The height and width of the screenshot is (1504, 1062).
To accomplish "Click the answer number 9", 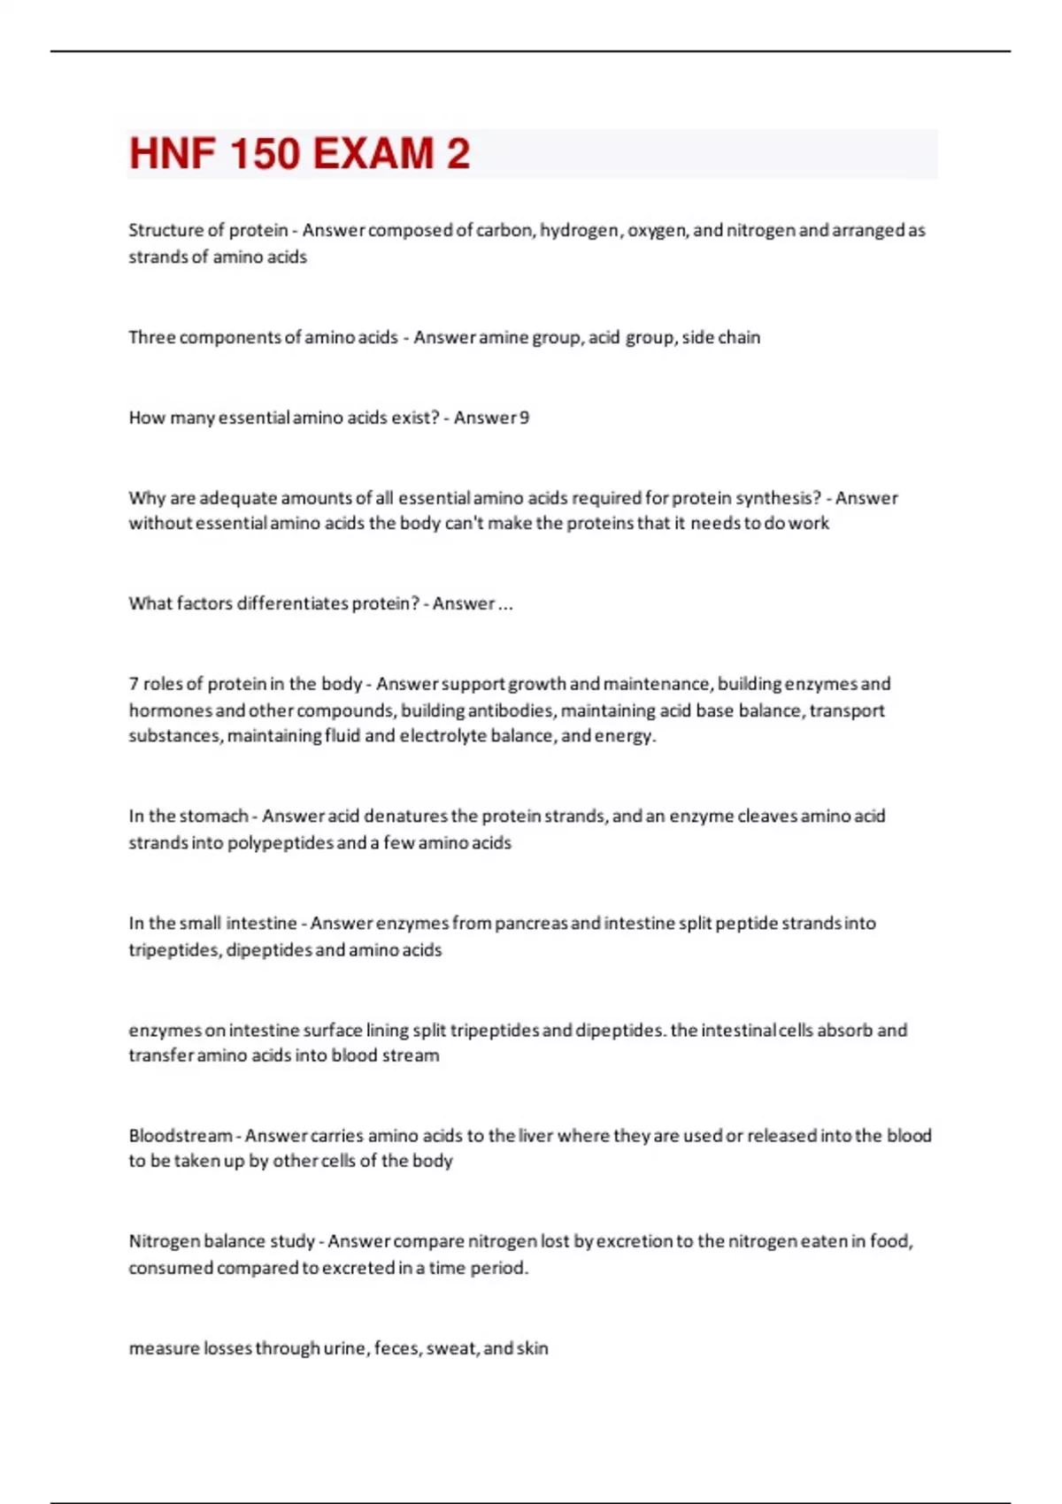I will click(525, 418).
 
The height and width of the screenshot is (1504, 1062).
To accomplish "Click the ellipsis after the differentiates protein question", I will click(505, 604).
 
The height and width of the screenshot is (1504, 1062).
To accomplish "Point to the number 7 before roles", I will click(134, 684).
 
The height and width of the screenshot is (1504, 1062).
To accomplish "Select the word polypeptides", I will click(281, 843).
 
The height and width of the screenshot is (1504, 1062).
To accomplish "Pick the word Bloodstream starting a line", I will click(181, 1135).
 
